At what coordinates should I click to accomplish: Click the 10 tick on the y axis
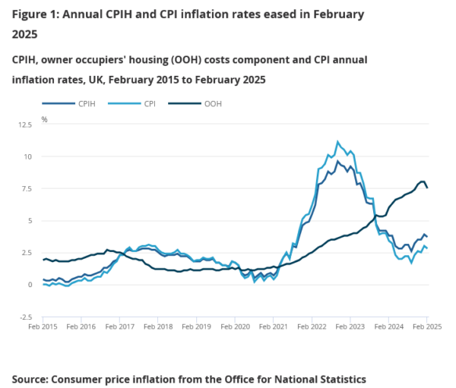[x=30, y=157]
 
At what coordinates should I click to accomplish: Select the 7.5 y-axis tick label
[x=28, y=189]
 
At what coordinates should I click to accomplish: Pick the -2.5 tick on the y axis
[x=27, y=317]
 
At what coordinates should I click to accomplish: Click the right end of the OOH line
[x=427, y=188]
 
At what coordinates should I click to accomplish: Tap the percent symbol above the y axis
[x=44, y=119]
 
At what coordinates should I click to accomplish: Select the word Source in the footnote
[x=33, y=378]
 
